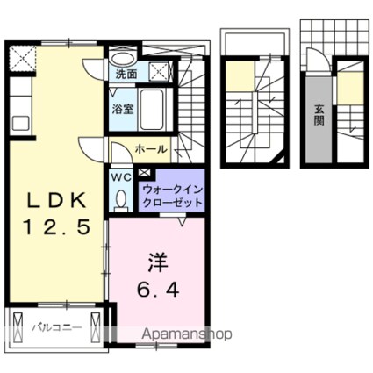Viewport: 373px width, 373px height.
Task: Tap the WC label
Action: coord(120,176)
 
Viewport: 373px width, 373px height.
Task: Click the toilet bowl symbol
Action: coord(120,200)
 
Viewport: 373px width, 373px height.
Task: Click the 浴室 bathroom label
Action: coord(121,109)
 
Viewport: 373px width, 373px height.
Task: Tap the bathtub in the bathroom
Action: coord(156,110)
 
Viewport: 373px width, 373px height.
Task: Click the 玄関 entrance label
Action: coord(319,115)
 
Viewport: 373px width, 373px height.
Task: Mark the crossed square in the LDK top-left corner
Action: coord(22,60)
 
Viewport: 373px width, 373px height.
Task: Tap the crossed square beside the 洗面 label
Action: coord(159,72)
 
